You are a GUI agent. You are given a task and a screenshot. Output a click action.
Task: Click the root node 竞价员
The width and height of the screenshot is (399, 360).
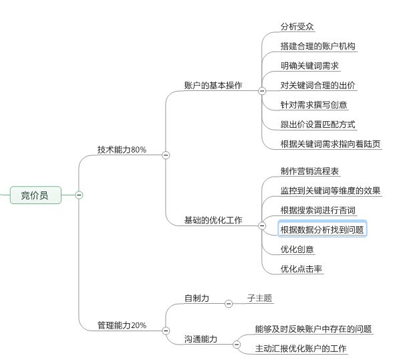35,195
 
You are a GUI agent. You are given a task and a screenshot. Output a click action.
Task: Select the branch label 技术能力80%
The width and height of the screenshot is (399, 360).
122,150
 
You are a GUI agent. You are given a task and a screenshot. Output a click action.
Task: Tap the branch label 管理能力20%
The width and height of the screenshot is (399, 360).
122,325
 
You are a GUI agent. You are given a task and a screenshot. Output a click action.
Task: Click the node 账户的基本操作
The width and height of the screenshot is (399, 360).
213,86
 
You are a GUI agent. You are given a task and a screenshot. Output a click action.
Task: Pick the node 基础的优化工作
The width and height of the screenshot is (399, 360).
213,220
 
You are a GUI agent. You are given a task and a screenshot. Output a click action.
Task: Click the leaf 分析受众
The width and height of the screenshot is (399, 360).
297,27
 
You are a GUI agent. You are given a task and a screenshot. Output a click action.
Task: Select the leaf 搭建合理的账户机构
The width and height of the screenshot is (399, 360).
318,46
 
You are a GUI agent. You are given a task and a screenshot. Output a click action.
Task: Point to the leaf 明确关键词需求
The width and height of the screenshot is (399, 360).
309,66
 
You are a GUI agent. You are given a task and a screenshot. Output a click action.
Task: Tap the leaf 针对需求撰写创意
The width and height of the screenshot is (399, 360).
313,104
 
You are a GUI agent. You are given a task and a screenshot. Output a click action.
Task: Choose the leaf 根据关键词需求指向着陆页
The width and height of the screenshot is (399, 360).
330,144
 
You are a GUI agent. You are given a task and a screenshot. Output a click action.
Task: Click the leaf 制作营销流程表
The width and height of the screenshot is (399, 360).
309,171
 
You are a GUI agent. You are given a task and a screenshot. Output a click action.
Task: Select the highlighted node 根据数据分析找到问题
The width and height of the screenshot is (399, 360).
322,230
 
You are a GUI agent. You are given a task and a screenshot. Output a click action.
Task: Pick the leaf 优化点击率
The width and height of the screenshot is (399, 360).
301,269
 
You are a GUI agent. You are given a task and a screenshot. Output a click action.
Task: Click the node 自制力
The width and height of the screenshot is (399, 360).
196,298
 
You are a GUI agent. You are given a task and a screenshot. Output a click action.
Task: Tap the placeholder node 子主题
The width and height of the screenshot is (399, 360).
259,298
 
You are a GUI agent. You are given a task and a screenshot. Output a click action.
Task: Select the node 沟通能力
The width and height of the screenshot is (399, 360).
201,339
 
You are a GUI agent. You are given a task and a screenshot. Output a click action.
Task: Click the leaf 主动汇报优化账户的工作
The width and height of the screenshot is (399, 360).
301,348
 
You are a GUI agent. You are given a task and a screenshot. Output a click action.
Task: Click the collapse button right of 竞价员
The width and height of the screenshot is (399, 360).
79,195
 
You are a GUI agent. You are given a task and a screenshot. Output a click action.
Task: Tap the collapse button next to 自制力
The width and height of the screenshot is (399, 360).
229,304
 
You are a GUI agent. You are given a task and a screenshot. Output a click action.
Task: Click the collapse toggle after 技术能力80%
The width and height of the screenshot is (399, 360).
166,155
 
